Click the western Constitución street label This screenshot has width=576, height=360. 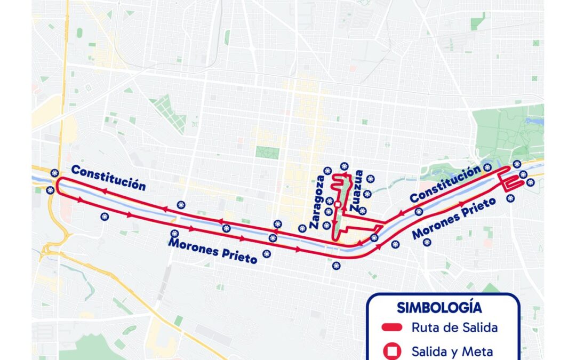[108, 178]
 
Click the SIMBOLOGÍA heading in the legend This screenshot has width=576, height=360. [439, 308]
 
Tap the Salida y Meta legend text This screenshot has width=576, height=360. [452, 351]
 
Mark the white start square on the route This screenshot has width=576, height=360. [337, 204]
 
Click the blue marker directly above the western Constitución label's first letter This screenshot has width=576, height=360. [54, 173]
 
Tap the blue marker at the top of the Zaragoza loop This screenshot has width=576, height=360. [344, 166]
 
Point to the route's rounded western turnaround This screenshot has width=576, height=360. [60, 185]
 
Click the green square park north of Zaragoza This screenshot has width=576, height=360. [267, 153]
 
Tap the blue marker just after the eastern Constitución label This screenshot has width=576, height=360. [487, 167]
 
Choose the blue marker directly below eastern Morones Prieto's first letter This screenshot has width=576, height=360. [427, 242]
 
